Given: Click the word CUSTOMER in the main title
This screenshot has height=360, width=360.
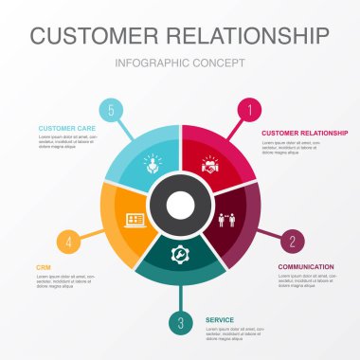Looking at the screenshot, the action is click(94, 36).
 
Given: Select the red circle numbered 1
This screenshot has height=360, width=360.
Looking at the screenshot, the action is click(250, 111).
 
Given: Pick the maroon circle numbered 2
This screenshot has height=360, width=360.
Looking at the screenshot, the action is click(293, 241).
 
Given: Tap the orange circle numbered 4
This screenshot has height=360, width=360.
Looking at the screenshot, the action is click(67, 241).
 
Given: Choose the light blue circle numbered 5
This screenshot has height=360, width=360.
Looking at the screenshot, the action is click(111, 111).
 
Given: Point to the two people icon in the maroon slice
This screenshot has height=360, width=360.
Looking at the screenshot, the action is click(228, 219).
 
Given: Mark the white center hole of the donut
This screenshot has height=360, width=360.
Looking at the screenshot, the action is click(180, 203).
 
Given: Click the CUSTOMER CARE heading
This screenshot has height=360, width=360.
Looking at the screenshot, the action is click(66, 127).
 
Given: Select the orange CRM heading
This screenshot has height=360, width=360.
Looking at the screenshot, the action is click(43, 268).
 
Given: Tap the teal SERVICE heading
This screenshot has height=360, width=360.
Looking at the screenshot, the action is click(220, 320).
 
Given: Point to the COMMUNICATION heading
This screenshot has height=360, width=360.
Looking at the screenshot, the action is click(305, 267).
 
